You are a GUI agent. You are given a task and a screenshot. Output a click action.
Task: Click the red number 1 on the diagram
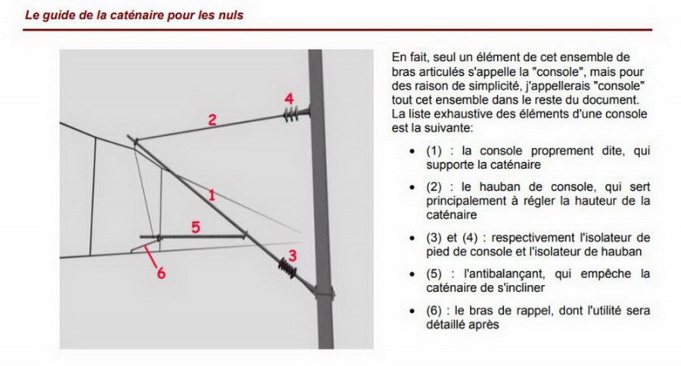point(212,196)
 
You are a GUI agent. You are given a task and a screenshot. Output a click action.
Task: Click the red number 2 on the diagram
point(213,119)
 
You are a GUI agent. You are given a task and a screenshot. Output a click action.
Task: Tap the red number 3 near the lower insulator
point(292,255)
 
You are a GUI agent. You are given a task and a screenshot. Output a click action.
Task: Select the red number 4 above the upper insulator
point(288,99)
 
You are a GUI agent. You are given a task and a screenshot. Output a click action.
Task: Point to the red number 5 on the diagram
point(194,226)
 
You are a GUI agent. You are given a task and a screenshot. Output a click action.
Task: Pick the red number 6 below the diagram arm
point(160,274)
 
